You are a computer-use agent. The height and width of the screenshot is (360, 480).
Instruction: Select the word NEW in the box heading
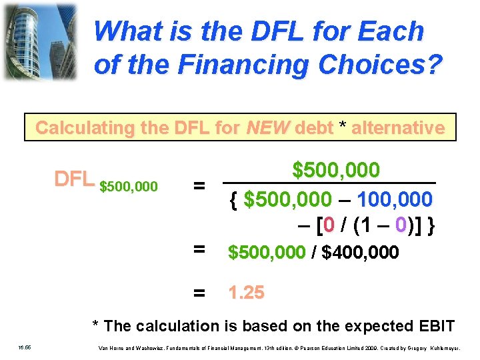point(267,127)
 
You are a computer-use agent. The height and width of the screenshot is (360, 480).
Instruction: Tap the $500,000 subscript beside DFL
point(129,186)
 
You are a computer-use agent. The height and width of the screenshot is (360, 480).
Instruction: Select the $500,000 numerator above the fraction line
point(336,170)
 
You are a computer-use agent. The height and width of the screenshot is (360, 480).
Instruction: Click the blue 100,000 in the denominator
point(395,199)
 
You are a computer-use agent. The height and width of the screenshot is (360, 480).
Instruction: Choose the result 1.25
point(246,292)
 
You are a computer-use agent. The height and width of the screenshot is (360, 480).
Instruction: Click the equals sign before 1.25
point(198,293)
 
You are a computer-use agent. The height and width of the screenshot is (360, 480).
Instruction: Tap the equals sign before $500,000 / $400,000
point(198,251)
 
